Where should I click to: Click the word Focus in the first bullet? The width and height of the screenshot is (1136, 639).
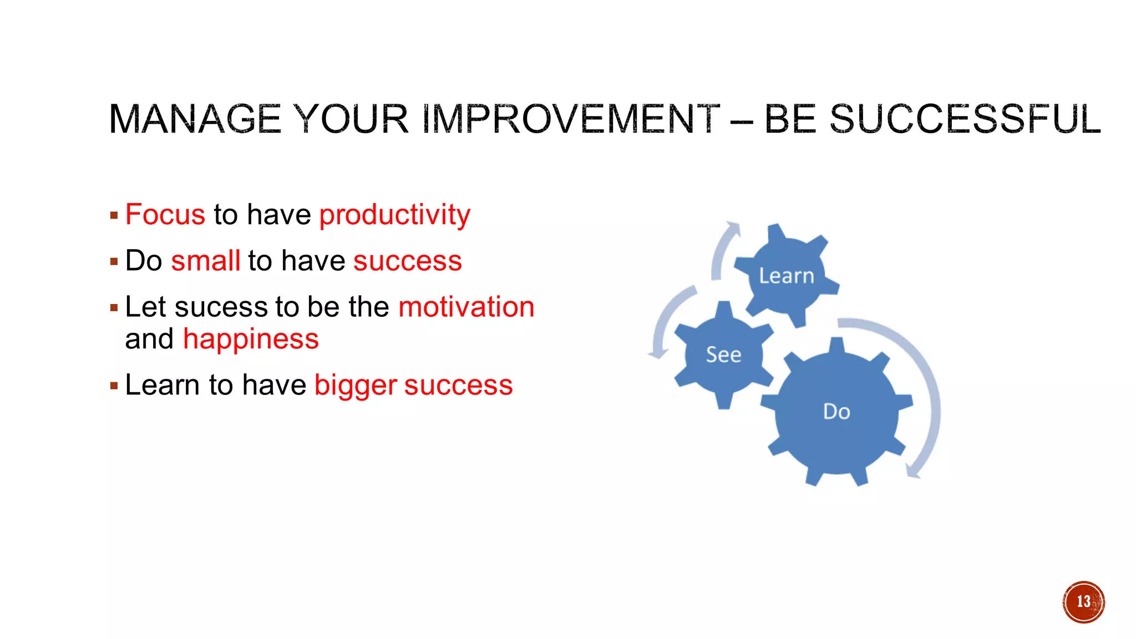click(165, 215)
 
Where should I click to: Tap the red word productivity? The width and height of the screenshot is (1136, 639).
click(394, 215)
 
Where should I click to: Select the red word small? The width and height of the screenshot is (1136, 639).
click(205, 261)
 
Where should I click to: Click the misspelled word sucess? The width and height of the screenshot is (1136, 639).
click(221, 307)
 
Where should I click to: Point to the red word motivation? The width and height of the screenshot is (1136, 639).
click(466, 307)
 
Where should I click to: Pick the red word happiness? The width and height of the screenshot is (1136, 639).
click(251, 339)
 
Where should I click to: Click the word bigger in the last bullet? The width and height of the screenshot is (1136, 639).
click(356, 386)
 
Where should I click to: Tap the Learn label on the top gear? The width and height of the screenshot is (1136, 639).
click(786, 276)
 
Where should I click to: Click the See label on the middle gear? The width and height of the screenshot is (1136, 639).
click(723, 354)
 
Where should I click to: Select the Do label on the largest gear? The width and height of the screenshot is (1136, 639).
click(836, 412)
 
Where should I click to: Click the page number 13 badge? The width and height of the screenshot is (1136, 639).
click(1083, 602)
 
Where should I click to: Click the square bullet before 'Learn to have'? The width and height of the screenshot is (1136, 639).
click(114, 386)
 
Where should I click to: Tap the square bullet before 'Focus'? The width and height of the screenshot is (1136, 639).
click(114, 215)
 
